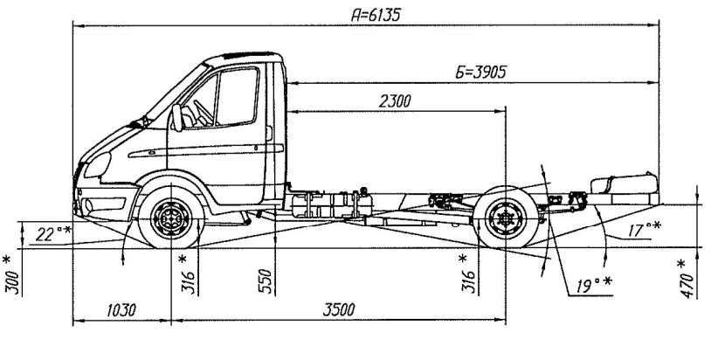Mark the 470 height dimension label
(687, 280)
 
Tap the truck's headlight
(100, 165)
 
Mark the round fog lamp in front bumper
(87, 206)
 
